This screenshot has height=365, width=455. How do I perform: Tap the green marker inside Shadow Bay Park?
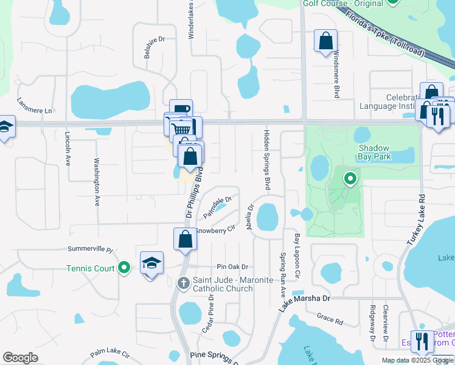pos(350,179)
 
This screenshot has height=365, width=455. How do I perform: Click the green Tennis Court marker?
pos(124,267)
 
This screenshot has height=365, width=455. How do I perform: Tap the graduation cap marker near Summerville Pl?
pos(151,263)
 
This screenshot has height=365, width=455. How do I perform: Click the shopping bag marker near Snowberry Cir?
pos(186,240)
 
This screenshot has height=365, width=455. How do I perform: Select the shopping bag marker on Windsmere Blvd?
pos(326,42)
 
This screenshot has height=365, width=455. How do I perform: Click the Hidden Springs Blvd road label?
pos(266,160)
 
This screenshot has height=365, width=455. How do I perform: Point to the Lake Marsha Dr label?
pos(304,303)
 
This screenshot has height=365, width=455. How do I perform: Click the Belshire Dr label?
pos(155,47)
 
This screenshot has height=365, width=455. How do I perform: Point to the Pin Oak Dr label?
pos(233,267)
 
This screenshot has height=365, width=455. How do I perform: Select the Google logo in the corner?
pos(20,357)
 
